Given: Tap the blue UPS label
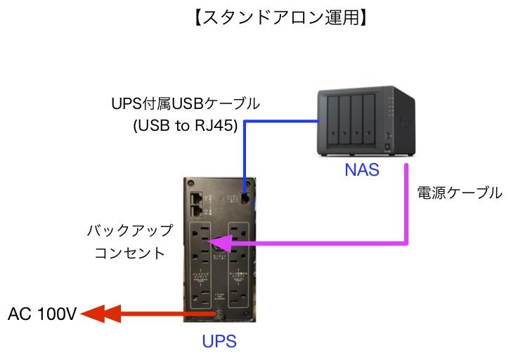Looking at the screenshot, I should [x=219, y=342].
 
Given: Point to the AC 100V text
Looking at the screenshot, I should [x=42, y=314].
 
